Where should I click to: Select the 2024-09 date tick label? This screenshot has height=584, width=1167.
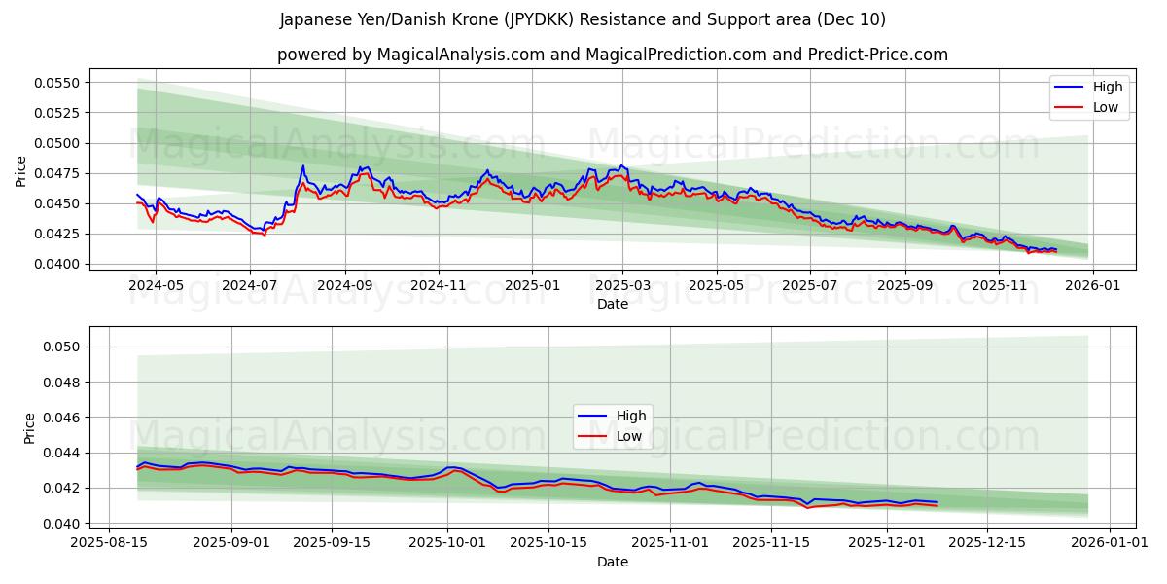tap(344, 286)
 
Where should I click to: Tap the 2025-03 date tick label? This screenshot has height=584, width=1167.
tap(622, 286)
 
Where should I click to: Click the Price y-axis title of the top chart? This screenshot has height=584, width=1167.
tap(21, 172)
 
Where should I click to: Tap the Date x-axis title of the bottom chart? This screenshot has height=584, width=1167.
tap(613, 562)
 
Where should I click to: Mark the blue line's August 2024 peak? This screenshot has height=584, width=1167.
tap(302, 166)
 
